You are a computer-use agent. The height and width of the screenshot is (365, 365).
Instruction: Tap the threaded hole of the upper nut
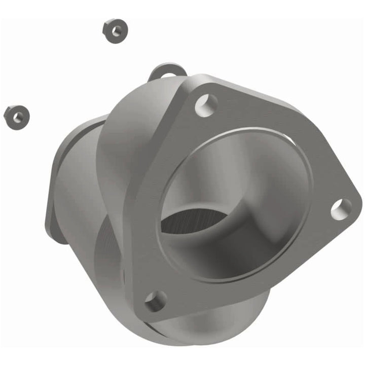click(115, 31)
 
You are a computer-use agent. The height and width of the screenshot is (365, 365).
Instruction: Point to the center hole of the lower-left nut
click(18, 117)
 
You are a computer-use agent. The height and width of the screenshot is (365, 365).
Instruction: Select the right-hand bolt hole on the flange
click(341, 208)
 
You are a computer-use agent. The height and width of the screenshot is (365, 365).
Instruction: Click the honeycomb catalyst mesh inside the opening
click(193, 221)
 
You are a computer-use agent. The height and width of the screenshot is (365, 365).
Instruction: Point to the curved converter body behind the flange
click(127, 132)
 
